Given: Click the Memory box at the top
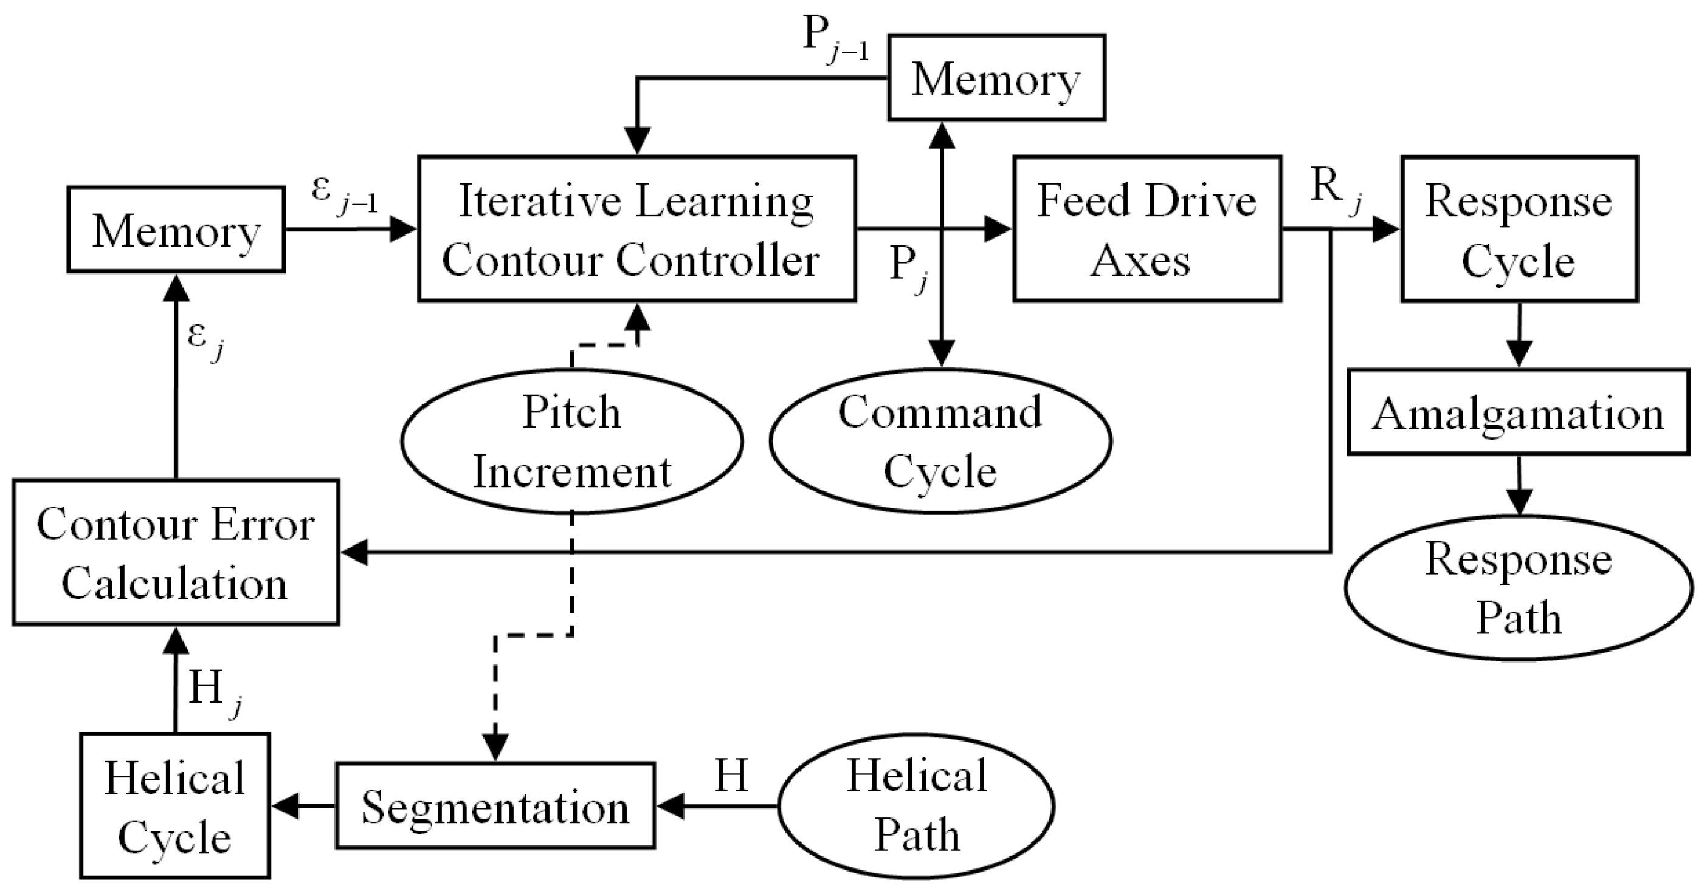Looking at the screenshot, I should coord(996,78).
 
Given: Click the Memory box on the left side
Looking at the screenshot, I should coord(176,229).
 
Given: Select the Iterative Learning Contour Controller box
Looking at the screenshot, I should coord(636,229).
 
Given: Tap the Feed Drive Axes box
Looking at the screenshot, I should coord(1147,229).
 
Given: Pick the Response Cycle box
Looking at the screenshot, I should coord(1518,229).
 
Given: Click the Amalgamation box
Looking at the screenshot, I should coord(1517,412).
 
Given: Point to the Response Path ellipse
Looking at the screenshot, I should coord(1517,587).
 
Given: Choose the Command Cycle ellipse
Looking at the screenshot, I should coord(940,440).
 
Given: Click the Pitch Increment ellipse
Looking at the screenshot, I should coord(571,440).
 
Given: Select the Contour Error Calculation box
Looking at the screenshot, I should coord(175,551).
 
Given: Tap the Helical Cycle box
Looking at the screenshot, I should coord(175,805).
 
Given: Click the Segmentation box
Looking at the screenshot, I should coord(495,805).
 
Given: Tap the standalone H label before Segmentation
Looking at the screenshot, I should coord(731,775).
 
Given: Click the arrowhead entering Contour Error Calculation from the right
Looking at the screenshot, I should coord(354,551).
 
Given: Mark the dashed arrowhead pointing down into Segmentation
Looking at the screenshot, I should coord(495,747).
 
